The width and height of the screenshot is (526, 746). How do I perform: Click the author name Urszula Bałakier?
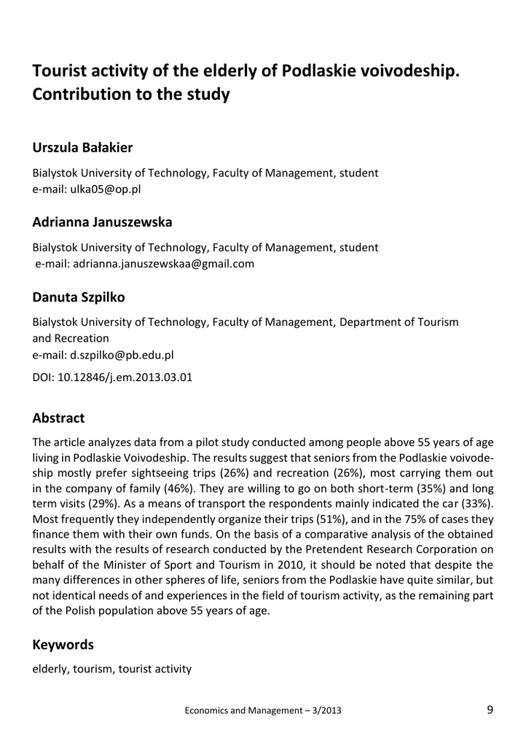(x=82, y=148)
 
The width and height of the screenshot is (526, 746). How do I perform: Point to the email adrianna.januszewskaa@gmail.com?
(x=163, y=264)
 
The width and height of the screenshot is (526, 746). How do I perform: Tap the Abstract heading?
(x=59, y=419)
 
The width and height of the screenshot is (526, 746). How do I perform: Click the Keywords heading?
(x=63, y=645)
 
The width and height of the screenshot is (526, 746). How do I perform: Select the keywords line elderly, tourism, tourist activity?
(x=112, y=669)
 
